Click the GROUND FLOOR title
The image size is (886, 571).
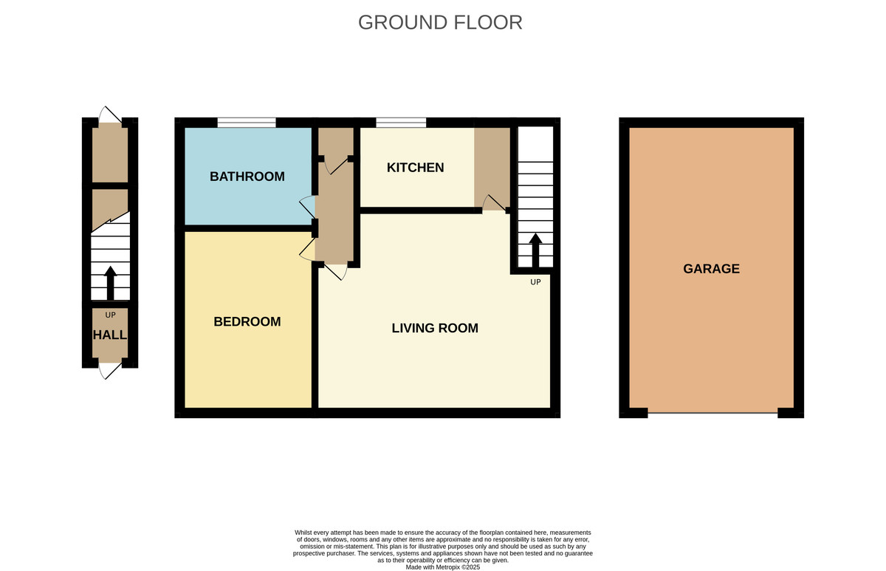point(440,22)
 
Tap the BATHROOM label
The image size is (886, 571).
point(247,177)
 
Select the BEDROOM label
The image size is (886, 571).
point(247,321)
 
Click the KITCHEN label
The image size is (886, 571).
point(415,168)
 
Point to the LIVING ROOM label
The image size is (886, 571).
point(435,328)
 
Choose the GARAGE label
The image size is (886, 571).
point(711,269)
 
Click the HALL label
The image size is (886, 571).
point(109,335)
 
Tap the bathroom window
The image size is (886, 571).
point(246,123)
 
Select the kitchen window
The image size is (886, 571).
point(401,123)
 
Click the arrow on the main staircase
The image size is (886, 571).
point(535,250)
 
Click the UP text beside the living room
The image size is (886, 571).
point(535,282)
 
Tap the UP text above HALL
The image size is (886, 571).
point(110,315)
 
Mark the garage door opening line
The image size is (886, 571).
point(712,412)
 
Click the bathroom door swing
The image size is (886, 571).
point(307,208)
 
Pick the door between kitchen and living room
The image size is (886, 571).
point(492,202)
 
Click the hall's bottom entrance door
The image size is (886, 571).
point(109,370)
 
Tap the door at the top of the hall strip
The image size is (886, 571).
point(109,114)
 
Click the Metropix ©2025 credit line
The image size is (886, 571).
point(442,567)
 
